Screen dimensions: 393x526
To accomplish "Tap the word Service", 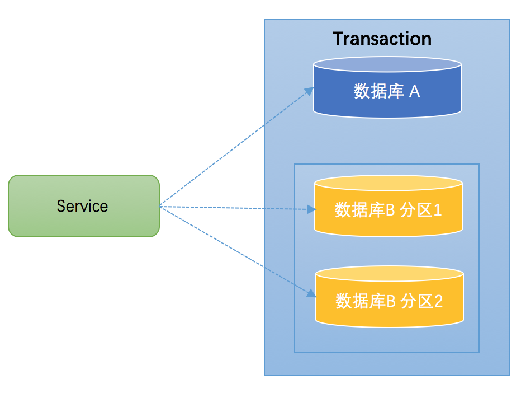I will [x=82, y=206].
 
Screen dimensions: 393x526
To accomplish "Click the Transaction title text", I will [x=382, y=39].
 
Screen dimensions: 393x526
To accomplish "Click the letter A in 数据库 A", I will [x=414, y=91].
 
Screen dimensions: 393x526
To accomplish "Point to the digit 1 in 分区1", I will [x=437, y=210].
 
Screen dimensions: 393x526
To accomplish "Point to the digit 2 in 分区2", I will [x=438, y=301].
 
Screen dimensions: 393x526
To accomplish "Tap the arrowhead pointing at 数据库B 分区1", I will [x=312, y=210].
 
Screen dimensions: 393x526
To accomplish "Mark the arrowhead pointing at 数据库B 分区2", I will [x=311, y=294].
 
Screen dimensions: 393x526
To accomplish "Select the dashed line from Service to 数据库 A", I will [x=235, y=148].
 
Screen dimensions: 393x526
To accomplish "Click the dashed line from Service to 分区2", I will [x=235, y=251].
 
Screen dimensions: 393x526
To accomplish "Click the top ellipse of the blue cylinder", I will [x=387, y=65].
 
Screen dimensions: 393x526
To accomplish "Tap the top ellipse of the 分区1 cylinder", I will [x=388, y=184].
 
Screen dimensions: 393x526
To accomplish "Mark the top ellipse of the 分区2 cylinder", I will [x=389, y=274].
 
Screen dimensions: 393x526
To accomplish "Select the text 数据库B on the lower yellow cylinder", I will [x=366, y=301].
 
